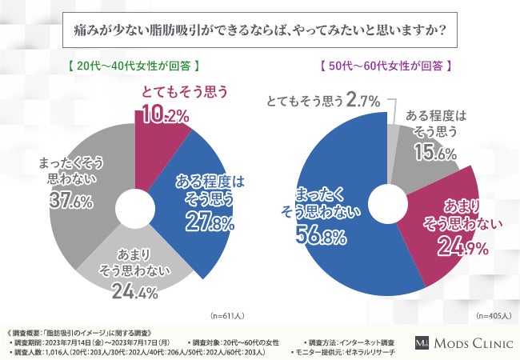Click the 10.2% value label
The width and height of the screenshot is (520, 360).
165,115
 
